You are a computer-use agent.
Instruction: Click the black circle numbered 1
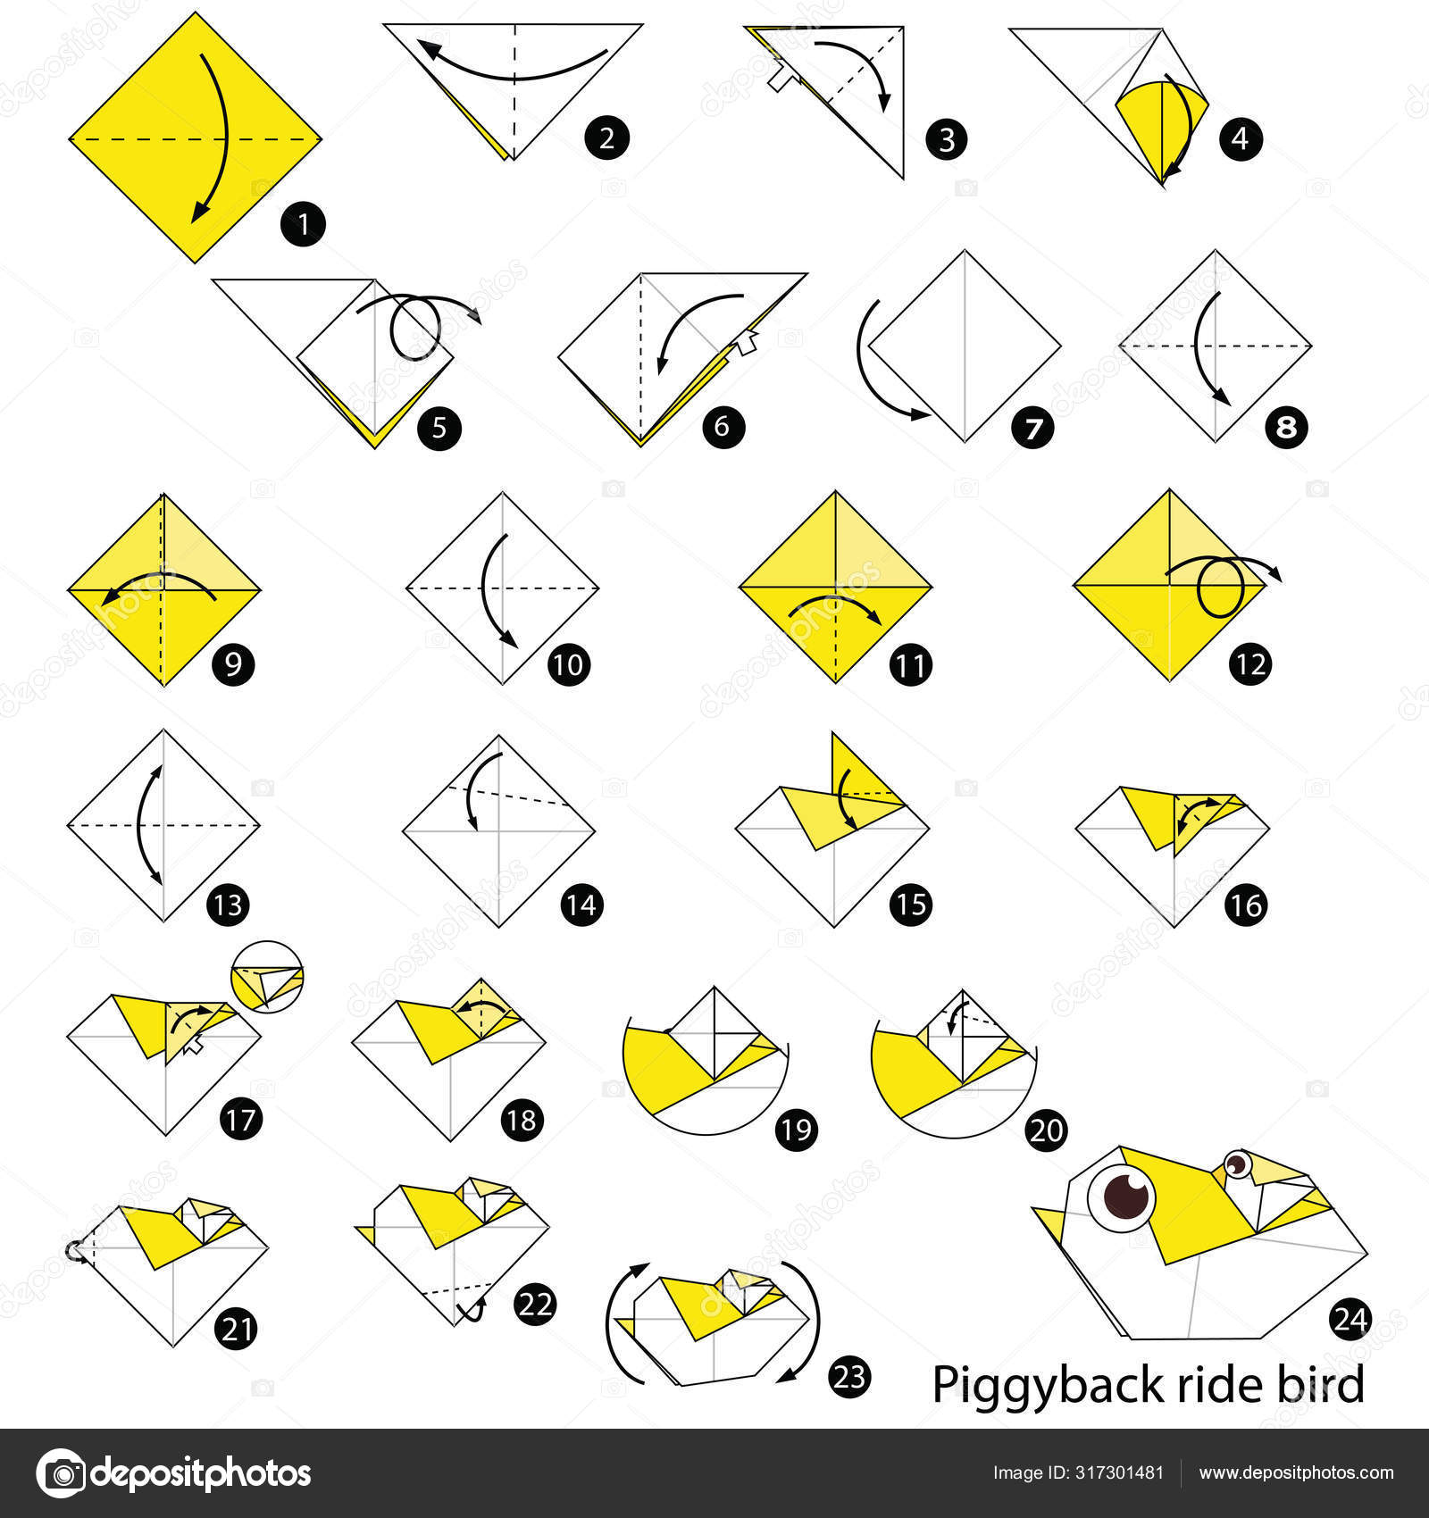[303, 224]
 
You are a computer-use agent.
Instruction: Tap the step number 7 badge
[1032, 428]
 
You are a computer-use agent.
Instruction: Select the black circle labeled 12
[1250, 663]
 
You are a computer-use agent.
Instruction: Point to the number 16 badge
[1246, 905]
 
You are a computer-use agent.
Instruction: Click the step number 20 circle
[1046, 1130]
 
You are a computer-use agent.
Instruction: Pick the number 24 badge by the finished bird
[1350, 1319]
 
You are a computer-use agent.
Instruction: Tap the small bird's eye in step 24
[1237, 1164]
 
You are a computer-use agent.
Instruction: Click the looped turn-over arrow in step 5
[415, 326]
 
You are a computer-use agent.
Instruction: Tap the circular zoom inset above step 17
[267, 977]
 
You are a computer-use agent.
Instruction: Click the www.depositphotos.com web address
[1296, 1472]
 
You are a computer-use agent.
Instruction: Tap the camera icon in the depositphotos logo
[61, 1472]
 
